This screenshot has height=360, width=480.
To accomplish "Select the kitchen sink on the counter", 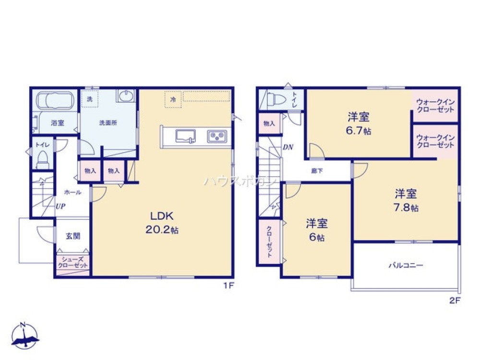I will click(x=185, y=136).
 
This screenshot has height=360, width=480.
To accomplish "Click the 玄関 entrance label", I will click(x=73, y=236).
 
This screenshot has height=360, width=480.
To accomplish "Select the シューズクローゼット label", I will click(x=73, y=262).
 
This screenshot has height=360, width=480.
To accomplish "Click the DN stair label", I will click(x=288, y=147).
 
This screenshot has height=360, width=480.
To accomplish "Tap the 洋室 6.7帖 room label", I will click(x=359, y=123).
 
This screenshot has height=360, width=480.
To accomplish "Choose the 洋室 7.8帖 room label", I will click(x=406, y=200).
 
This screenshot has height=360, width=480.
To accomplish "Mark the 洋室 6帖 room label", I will click(x=317, y=230).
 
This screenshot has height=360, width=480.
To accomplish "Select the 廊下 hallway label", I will click(x=316, y=170).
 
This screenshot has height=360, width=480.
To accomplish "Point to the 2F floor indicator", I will click(x=455, y=300).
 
